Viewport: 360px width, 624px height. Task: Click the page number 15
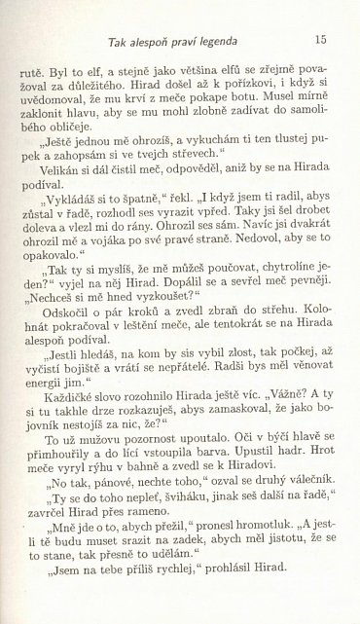320,40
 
